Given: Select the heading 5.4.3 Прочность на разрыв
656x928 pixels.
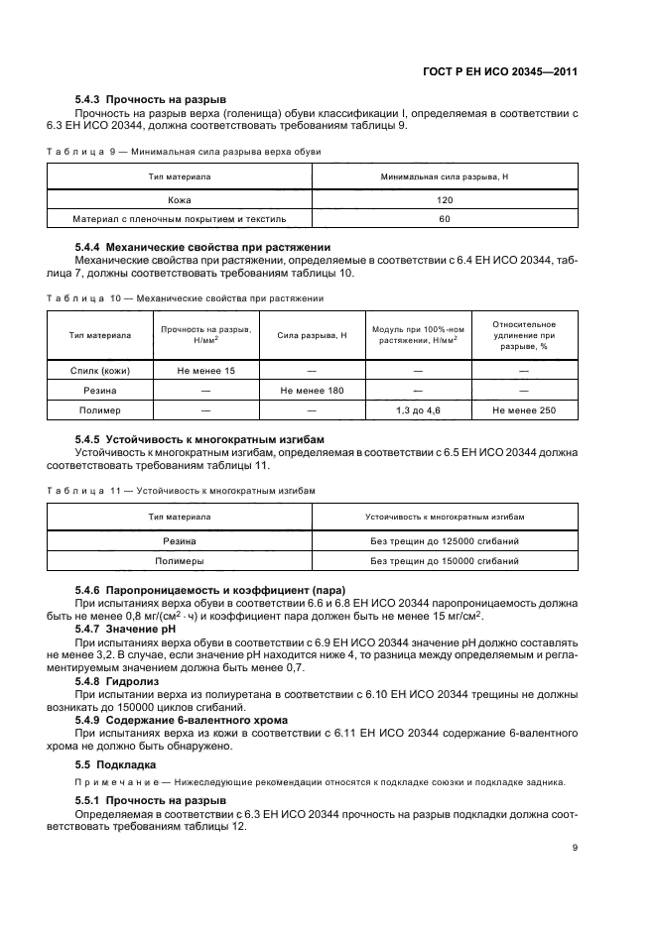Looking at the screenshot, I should click(x=151, y=100).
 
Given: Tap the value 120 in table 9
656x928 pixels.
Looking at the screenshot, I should click(x=444, y=199).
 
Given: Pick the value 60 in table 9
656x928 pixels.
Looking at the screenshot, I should click(x=444, y=218).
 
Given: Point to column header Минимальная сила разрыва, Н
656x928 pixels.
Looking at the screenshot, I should click(x=444, y=175).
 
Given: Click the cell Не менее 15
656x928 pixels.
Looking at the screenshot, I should click(x=206, y=371).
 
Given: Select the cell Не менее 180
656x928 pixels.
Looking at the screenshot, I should click(x=312, y=390).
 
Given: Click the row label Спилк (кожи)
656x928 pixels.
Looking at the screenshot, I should click(x=100, y=371).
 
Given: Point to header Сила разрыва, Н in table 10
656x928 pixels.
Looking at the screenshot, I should click(x=312, y=336).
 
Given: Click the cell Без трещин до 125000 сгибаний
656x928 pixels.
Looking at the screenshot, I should click(x=444, y=541).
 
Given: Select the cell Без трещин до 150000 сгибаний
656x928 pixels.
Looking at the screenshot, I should click(x=444, y=560).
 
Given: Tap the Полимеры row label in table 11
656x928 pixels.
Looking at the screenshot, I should click(x=180, y=560).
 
